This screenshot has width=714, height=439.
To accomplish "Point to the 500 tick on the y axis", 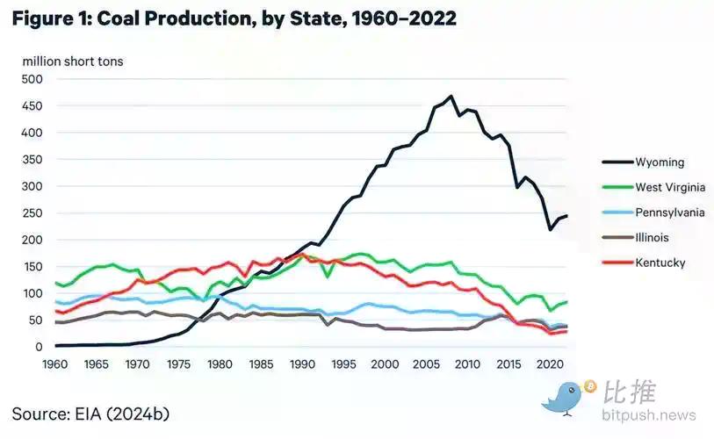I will pos(32,79).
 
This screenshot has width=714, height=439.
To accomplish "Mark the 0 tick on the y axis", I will pos(39,347).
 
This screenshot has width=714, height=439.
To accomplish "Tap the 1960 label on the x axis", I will pos(54,363).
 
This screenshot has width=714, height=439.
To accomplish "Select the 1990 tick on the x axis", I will pos(301,363).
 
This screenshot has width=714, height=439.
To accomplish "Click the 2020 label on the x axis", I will pos(548,363).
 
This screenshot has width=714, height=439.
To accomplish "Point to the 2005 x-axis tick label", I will pos(425,363).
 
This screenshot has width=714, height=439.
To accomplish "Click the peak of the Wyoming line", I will pos(451,97).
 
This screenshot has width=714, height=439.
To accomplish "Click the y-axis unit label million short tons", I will pos(73,61).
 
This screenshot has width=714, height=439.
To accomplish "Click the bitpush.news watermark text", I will pos(649,415).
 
